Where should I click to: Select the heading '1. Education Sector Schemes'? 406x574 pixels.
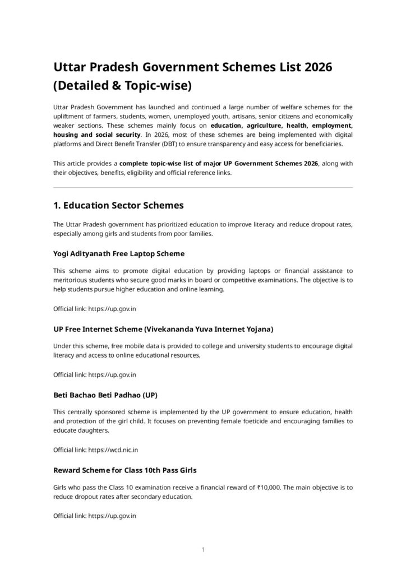pos(118,205)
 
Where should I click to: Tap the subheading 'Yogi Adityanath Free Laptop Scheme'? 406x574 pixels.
pos(119,253)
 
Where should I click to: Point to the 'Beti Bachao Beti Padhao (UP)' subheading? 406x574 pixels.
pos(105,394)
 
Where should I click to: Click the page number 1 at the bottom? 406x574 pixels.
pos(203,550)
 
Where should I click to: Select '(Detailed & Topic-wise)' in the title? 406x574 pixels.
pos(123,86)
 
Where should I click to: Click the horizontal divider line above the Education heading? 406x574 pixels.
pos(203,187)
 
